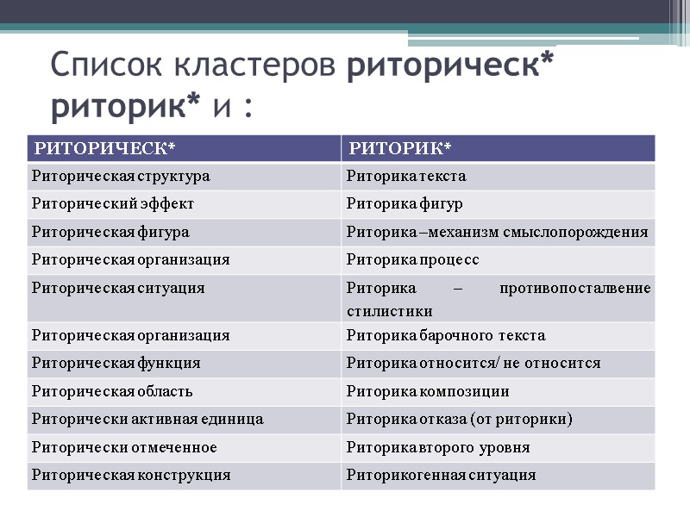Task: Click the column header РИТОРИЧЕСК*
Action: click(x=103, y=148)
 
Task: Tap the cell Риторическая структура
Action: click(x=120, y=177)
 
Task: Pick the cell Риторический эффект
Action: click(x=112, y=204)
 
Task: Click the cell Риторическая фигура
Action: click(x=110, y=232)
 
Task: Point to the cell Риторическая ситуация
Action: click(x=117, y=288)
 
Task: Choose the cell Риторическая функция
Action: click(x=116, y=363)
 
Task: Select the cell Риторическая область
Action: click(x=111, y=391)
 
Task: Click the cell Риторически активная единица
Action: click(x=147, y=420)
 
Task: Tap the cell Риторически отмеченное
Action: click(x=123, y=447)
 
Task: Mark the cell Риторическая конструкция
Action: click(x=130, y=475)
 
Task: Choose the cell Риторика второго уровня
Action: click(x=437, y=447)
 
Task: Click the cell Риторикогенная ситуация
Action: click(x=441, y=475)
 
